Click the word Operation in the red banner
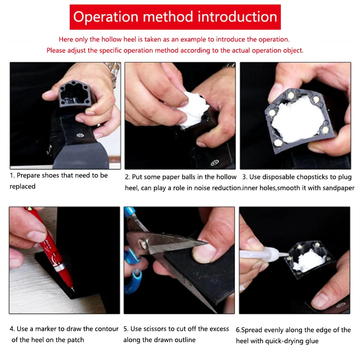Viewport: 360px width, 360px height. (106, 17)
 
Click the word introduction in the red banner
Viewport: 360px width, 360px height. (238, 17)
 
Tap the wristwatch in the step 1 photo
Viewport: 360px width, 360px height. (113, 73)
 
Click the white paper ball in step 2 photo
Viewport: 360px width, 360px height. (193, 109)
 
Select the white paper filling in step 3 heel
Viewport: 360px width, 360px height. (298, 121)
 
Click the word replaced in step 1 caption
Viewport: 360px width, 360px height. (22, 186)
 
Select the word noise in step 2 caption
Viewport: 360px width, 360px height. (202, 188)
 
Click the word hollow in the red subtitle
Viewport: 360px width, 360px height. (112, 39)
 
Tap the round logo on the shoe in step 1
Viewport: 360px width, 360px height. (80, 135)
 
